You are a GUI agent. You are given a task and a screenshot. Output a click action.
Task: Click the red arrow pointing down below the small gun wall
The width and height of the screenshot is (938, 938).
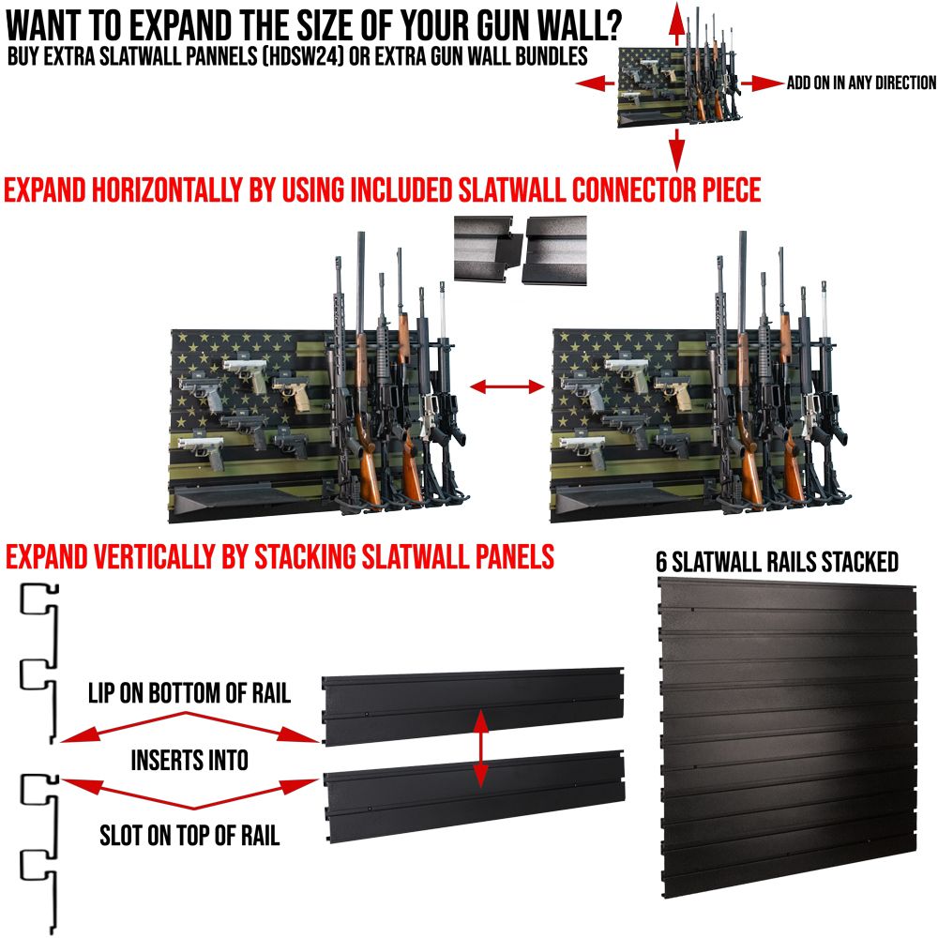pos(674,150)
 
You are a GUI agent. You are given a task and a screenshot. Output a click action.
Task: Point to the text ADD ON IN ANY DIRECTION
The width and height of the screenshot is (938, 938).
pos(861,83)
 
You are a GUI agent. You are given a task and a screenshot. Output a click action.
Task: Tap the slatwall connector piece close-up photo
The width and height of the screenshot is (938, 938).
pos(520,249)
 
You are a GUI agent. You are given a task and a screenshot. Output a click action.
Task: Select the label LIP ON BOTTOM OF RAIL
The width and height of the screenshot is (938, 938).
pos(189,695)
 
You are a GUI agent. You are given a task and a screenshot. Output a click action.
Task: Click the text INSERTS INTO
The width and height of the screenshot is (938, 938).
pos(189,759)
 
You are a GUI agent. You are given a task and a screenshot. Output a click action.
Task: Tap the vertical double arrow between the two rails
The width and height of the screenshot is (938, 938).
pos(480,748)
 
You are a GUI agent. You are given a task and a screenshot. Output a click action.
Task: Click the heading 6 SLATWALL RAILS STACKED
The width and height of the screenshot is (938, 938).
pos(777,562)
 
